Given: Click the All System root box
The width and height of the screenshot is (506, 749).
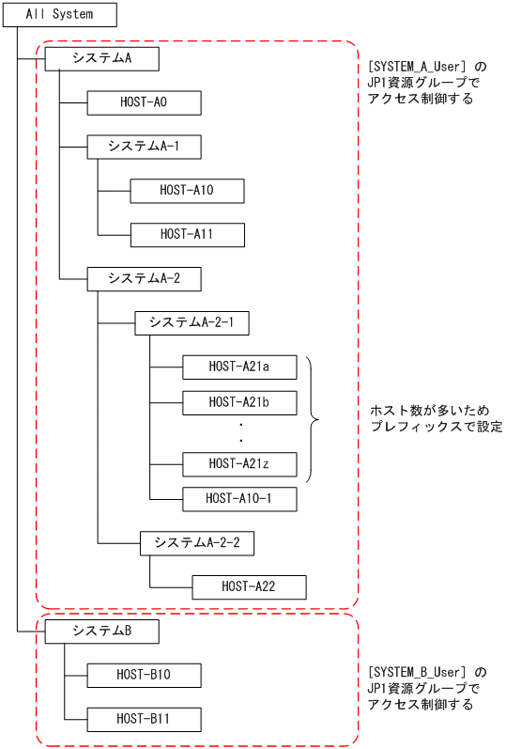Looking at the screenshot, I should click(60, 15).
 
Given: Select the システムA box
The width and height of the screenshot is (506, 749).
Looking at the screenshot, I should click(101, 59).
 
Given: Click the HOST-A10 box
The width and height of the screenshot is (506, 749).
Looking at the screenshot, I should click(187, 191).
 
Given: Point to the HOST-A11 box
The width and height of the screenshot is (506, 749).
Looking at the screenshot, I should click(187, 235).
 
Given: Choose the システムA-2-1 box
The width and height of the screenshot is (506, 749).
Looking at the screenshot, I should click(192, 323).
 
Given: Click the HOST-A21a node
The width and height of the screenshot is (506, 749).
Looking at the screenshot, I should click(239, 367).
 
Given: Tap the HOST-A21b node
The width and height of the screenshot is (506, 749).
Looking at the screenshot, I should click(239, 402).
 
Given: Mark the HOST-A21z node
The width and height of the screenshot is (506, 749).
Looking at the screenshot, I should click(239, 463).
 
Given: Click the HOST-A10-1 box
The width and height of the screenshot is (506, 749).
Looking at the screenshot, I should click(238, 499).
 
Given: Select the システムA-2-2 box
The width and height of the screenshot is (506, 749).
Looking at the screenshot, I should click(197, 543).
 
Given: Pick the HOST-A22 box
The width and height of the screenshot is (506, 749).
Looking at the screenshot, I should click(249, 587).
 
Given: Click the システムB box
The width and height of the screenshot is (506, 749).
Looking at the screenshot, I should click(101, 632).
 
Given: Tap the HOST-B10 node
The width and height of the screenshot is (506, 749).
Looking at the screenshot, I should click(144, 675).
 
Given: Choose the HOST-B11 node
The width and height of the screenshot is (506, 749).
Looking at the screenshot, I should click(144, 719).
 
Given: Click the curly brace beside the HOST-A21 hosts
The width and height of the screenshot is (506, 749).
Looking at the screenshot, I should click(313, 419).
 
